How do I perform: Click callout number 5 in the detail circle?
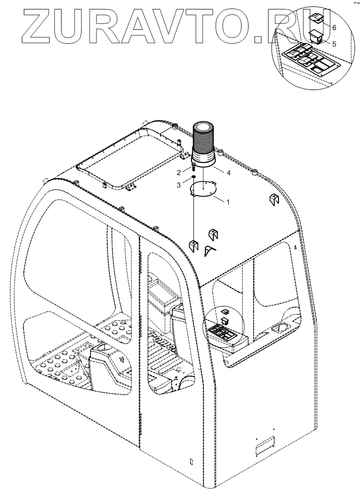pyautogui.click(x=334, y=43)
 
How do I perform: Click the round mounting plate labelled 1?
pyautogui.click(x=204, y=190)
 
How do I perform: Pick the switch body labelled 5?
pyautogui.click(x=315, y=36)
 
